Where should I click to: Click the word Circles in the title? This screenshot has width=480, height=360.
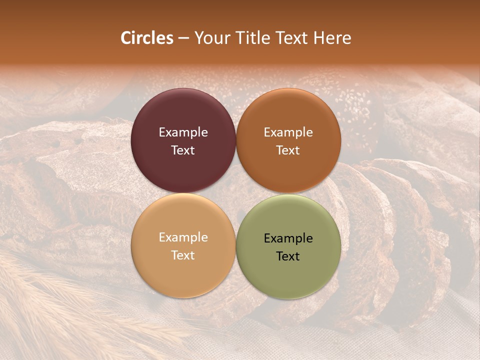pos(146,38)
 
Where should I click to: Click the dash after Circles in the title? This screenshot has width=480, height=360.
pos(183,38)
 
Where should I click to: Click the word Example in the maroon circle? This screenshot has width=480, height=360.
pos(183,132)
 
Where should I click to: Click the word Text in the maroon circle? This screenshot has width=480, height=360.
pos(183,150)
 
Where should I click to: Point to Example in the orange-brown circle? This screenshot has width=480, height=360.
pos(288,132)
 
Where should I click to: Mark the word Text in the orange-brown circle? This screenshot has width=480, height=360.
pos(288,150)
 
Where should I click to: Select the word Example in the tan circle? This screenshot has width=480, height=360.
pos(183,237)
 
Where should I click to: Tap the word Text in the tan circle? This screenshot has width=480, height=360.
pos(183,255)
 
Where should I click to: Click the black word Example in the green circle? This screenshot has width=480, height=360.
pos(288,238)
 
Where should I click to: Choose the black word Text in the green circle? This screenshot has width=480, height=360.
pos(288,256)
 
